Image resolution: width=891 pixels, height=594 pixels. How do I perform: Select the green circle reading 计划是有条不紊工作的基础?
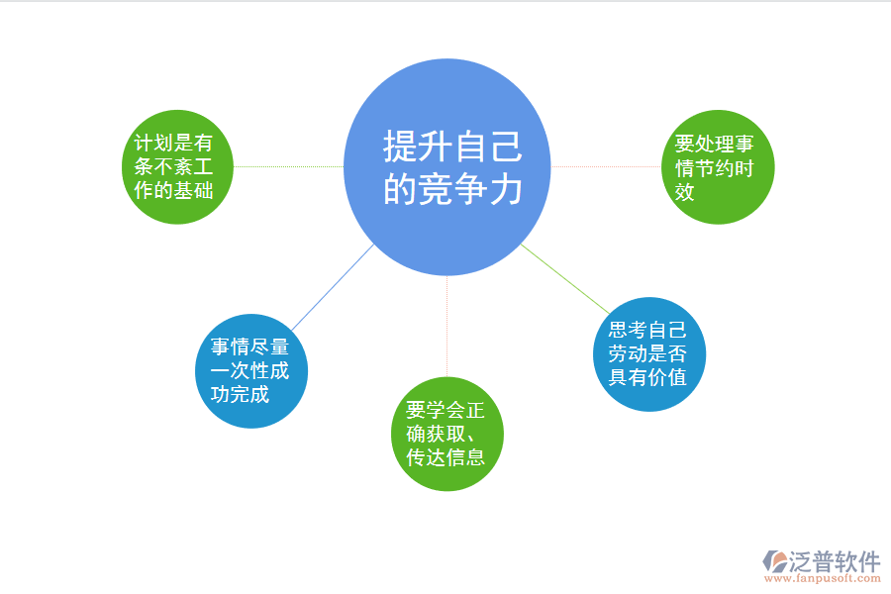174,167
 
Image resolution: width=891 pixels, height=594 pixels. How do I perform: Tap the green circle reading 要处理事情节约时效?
718,167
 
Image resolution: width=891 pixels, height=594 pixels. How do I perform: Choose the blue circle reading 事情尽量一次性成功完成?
250,371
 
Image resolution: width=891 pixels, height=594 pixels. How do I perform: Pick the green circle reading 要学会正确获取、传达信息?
447,434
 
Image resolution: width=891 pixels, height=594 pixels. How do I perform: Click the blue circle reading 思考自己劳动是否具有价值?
648,353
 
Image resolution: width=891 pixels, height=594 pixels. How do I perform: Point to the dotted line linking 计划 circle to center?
287,167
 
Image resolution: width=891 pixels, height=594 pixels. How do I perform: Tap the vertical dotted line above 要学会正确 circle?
447,327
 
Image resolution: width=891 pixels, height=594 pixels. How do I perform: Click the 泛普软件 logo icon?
773,561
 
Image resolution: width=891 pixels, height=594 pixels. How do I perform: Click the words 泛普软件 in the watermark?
836,561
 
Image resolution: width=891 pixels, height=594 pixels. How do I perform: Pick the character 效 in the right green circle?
684,192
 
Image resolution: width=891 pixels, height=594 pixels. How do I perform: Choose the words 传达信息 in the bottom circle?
445,457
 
